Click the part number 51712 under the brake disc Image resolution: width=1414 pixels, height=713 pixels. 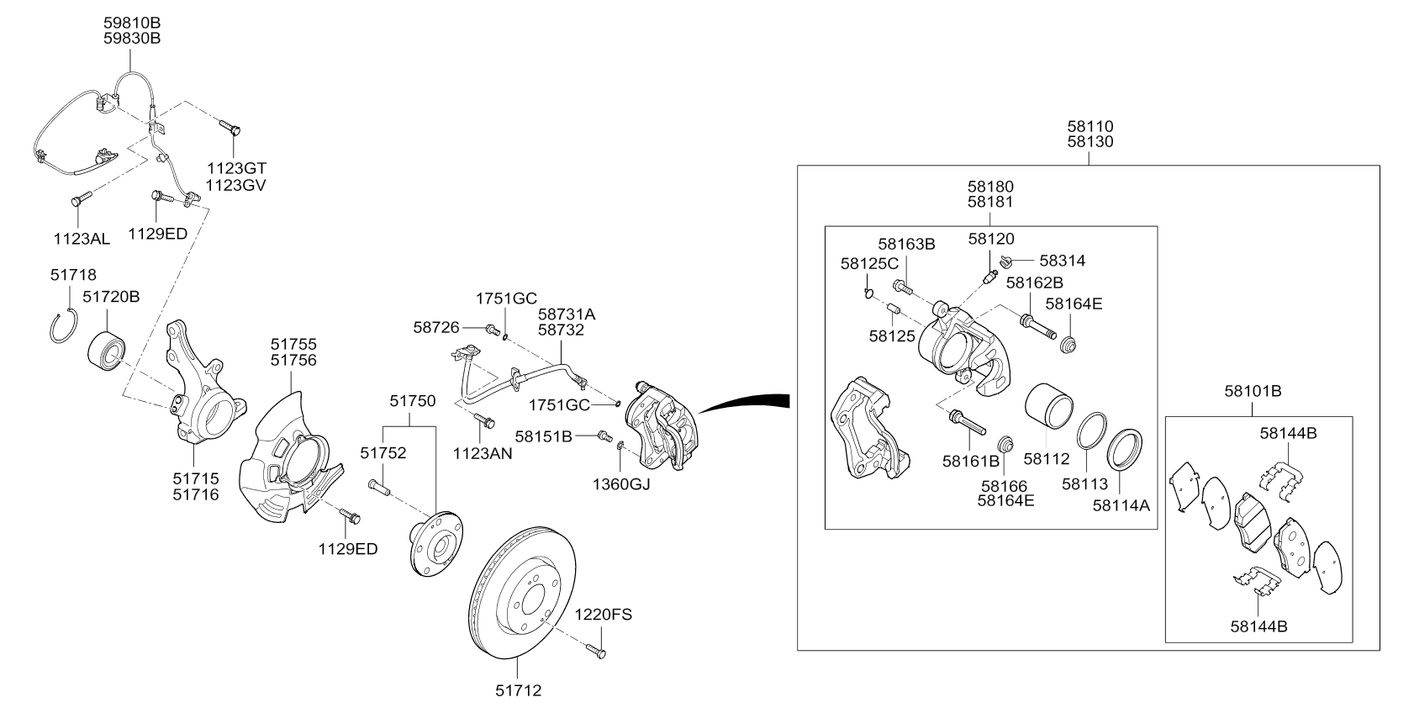pyautogui.click(x=517, y=691)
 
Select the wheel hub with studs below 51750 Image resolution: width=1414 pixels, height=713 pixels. pyautogui.click(x=435, y=545)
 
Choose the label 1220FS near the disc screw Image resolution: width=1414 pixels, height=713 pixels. pyautogui.click(x=603, y=615)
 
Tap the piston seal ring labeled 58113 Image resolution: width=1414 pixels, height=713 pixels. pyautogui.click(x=1091, y=432)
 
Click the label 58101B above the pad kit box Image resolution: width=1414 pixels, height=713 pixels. pyautogui.click(x=1252, y=391)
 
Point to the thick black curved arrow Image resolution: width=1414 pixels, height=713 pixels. pyautogui.click(x=744, y=403)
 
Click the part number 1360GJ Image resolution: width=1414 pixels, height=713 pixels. pyautogui.click(x=621, y=484)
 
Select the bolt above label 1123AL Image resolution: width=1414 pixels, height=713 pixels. pyautogui.click(x=79, y=200)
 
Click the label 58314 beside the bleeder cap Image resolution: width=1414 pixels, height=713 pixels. pyautogui.click(x=1062, y=261)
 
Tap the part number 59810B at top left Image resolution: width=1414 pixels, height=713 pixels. pyautogui.click(x=131, y=23)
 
